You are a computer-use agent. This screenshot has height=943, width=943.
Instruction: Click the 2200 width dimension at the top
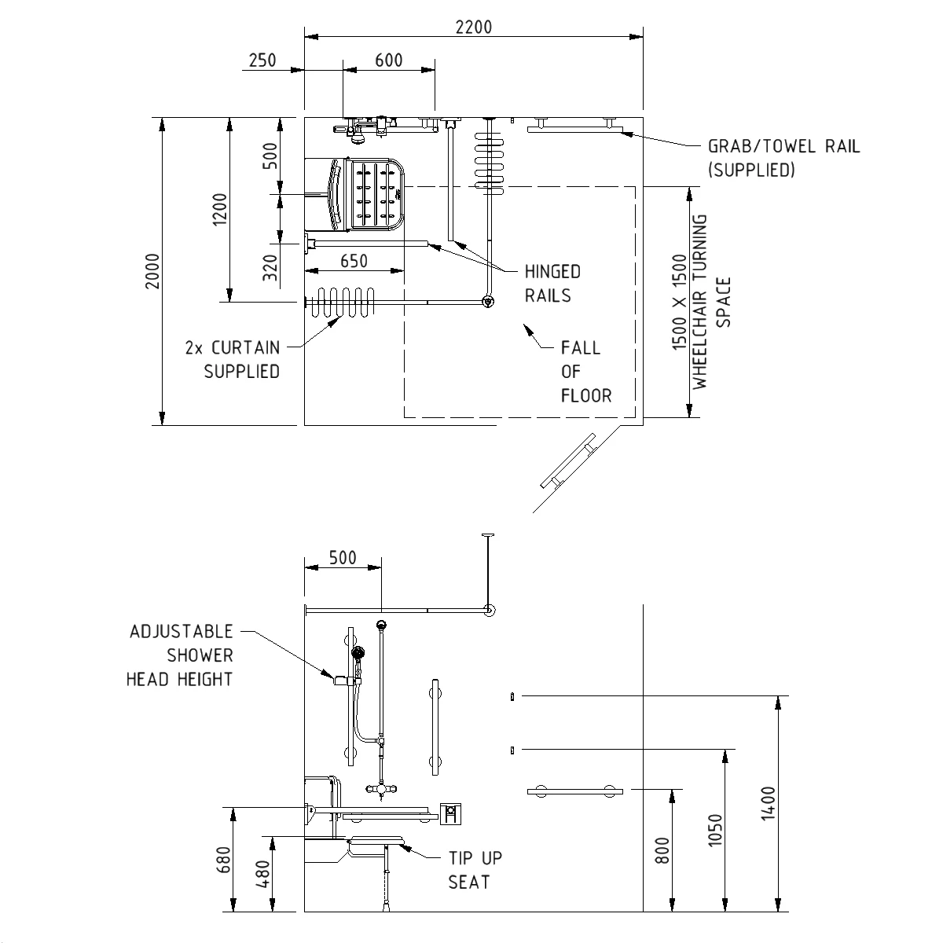tap(473, 27)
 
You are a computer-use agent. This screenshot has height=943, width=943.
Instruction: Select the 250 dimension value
tap(262, 61)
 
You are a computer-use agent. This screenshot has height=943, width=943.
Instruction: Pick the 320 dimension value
tap(270, 268)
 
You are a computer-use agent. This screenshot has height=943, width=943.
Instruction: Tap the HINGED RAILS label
tap(552, 284)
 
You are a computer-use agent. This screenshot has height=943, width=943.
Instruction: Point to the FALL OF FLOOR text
tap(585, 372)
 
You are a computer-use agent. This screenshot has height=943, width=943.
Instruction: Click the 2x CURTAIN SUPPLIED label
tap(241, 359)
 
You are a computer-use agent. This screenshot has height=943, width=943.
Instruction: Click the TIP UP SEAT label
tap(475, 870)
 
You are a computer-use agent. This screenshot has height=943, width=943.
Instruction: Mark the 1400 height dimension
tap(769, 802)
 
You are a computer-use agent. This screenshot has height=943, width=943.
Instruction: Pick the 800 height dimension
tap(662, 849)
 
